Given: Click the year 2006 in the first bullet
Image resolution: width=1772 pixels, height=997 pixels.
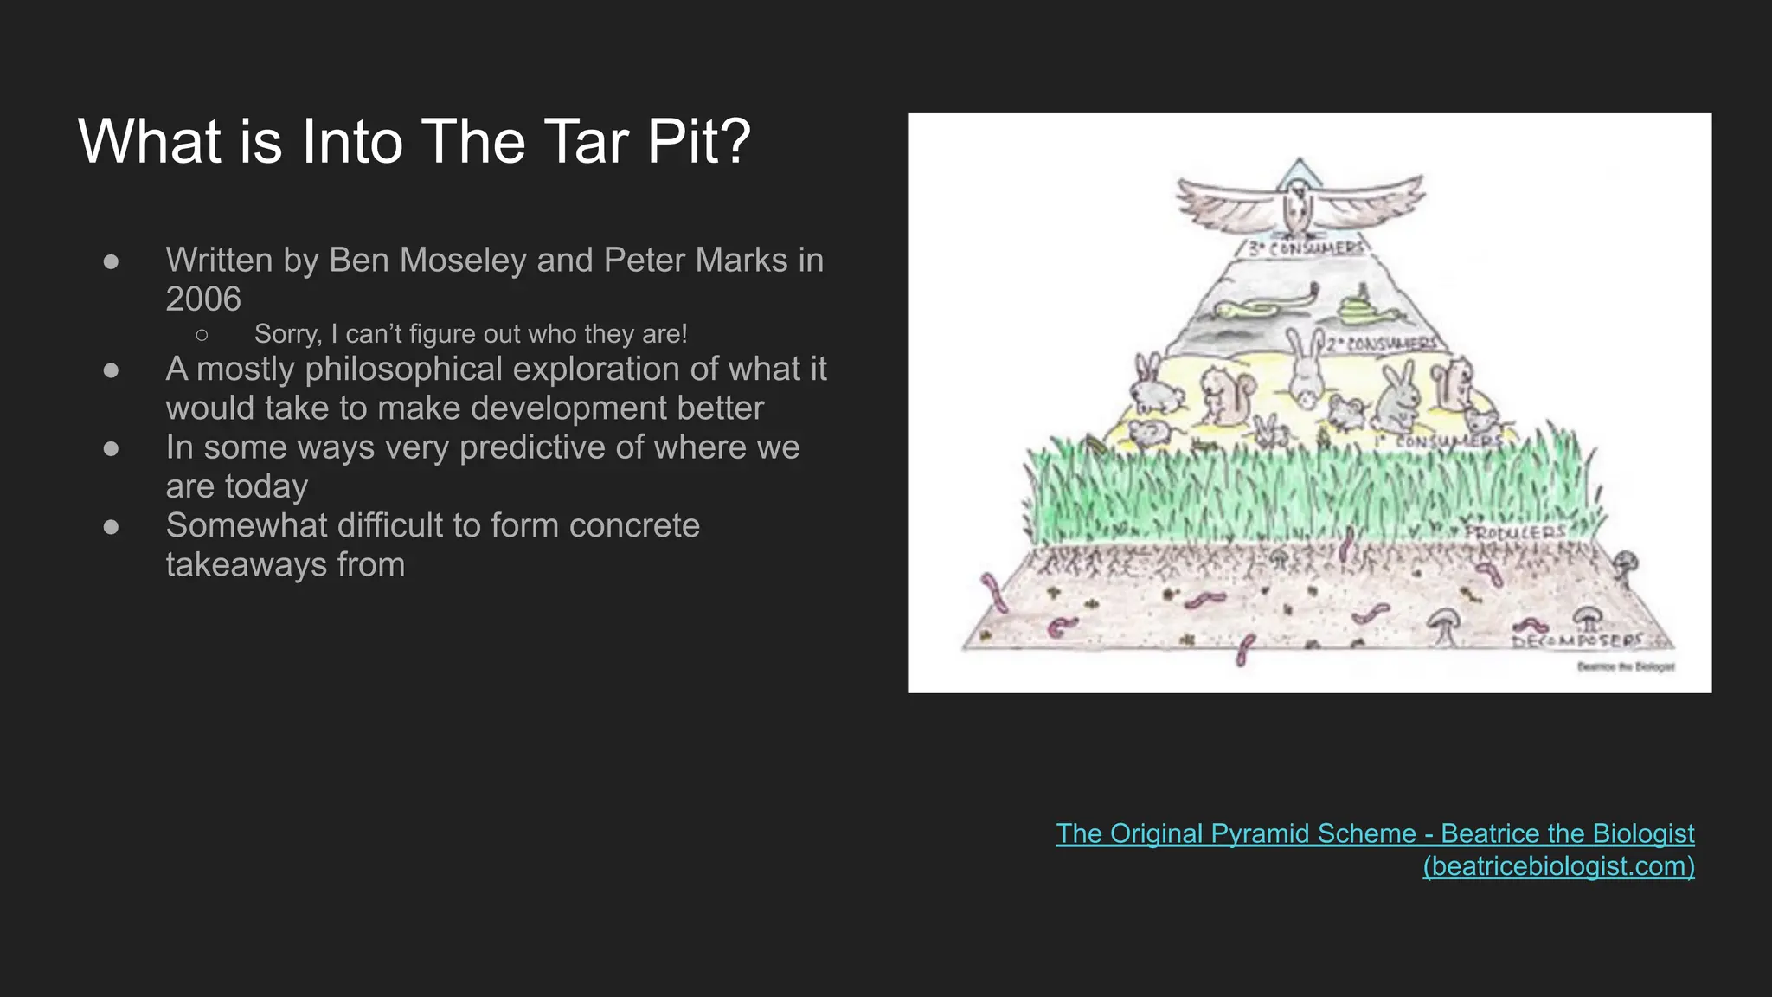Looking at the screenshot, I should point(203,299).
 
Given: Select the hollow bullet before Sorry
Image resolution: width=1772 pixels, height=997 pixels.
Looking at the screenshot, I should point(202,334).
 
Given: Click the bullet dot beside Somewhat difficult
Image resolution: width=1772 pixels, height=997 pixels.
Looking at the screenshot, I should point(111,526).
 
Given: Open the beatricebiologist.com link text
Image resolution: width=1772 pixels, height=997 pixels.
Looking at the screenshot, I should point(1558,866).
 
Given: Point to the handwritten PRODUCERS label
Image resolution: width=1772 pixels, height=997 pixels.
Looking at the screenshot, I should point(1515,532).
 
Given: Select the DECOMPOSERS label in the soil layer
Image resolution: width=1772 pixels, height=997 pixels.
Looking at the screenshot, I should point(1576,641).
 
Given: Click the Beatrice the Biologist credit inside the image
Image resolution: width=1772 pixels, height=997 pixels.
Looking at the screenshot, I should point(1625,666).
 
